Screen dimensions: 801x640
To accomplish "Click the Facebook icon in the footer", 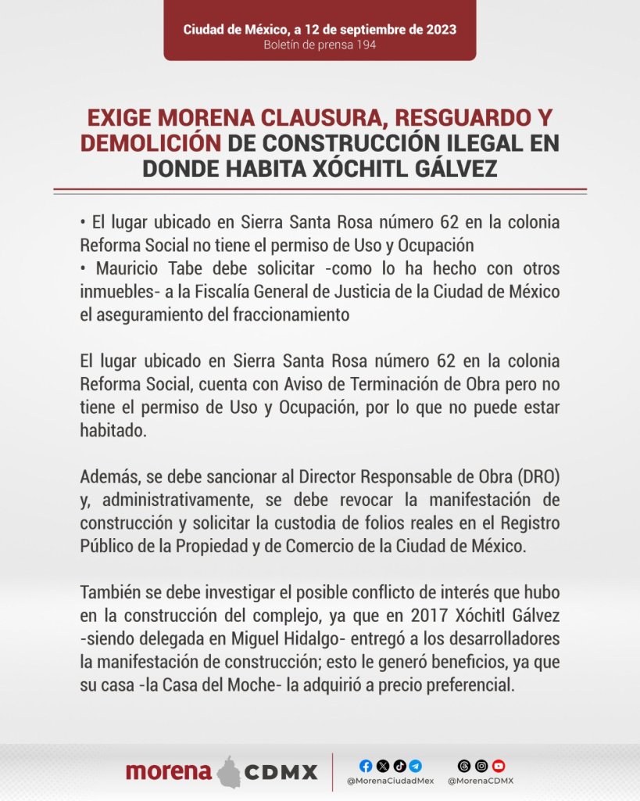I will click(x=366, y=766).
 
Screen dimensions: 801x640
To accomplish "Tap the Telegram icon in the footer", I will click(x=416, y=766).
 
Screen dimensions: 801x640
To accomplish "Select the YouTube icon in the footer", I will click(x=499, y=766).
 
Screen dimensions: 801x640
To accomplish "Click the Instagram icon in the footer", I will click(x=481, y=766).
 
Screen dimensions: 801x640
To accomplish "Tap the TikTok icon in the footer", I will click(x=399, y=766).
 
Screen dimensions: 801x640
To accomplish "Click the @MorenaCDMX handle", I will click(x=481, y=781).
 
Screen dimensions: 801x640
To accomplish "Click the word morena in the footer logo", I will click(x=169, y=772).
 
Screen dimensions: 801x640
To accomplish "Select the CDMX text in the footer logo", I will click(x=281, y=773).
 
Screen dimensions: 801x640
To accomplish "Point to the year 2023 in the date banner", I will click(x=440, y=29).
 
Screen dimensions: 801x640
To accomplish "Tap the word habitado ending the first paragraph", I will click(x=113, y=431).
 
